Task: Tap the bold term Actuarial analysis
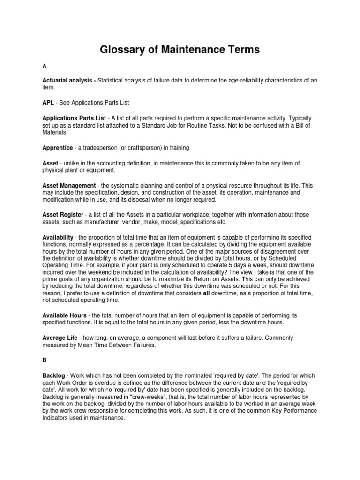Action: point(67,81)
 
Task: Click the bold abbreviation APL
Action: point(48,102)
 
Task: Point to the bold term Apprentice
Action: point(58,148)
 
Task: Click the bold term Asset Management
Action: point(68,186)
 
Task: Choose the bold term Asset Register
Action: point(63,215)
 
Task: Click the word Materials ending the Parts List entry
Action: point(54,132)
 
